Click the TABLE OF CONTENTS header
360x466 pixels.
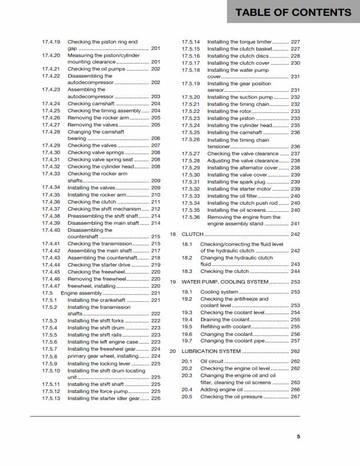coord(293,12)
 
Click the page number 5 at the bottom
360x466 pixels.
coord(299,437)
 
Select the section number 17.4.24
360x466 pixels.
coord(51,104)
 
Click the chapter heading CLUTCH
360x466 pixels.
coord(192,234)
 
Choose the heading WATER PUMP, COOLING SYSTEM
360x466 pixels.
coord(224,282)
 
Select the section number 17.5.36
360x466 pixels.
coord(191,217)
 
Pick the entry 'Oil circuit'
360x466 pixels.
coord(212,361)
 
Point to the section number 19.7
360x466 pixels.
coord(187,341)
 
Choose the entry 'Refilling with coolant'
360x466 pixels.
coord(229,327)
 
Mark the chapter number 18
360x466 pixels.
coord(173,234)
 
